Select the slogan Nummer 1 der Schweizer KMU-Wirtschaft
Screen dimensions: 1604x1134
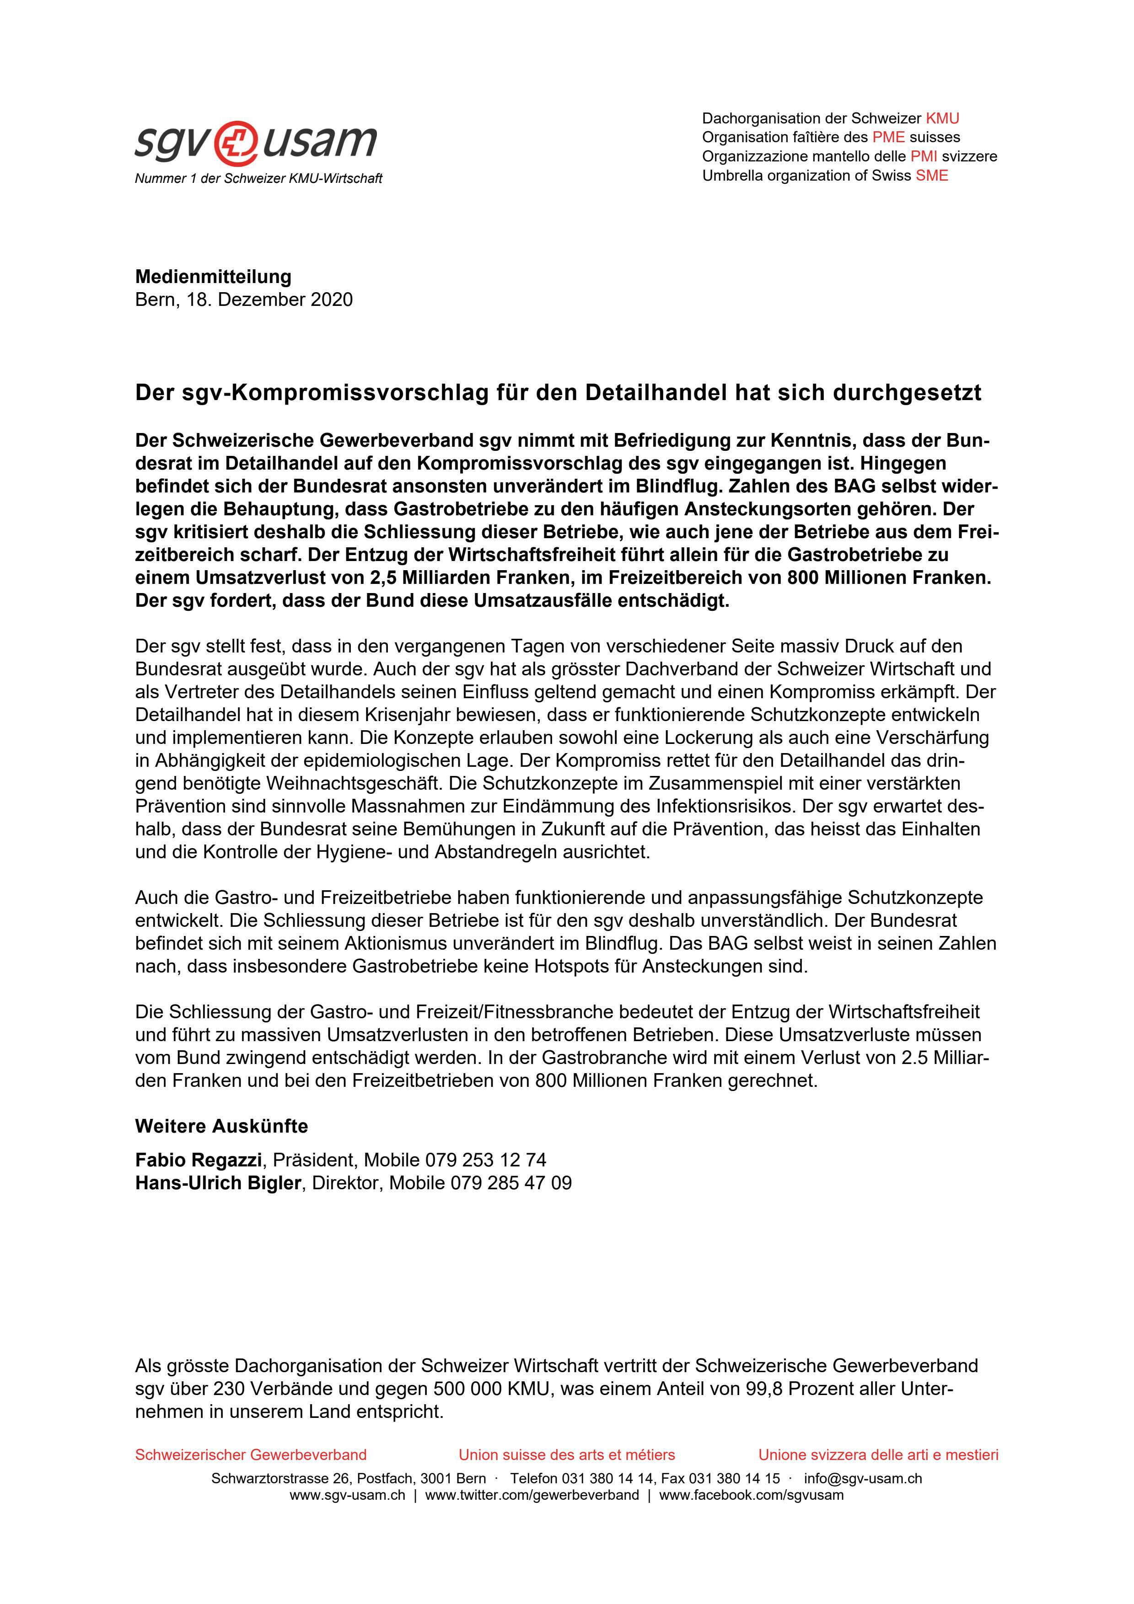point(258,179)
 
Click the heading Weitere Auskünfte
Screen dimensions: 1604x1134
point(221,1126)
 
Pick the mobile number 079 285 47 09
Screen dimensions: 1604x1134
point(511,1183)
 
